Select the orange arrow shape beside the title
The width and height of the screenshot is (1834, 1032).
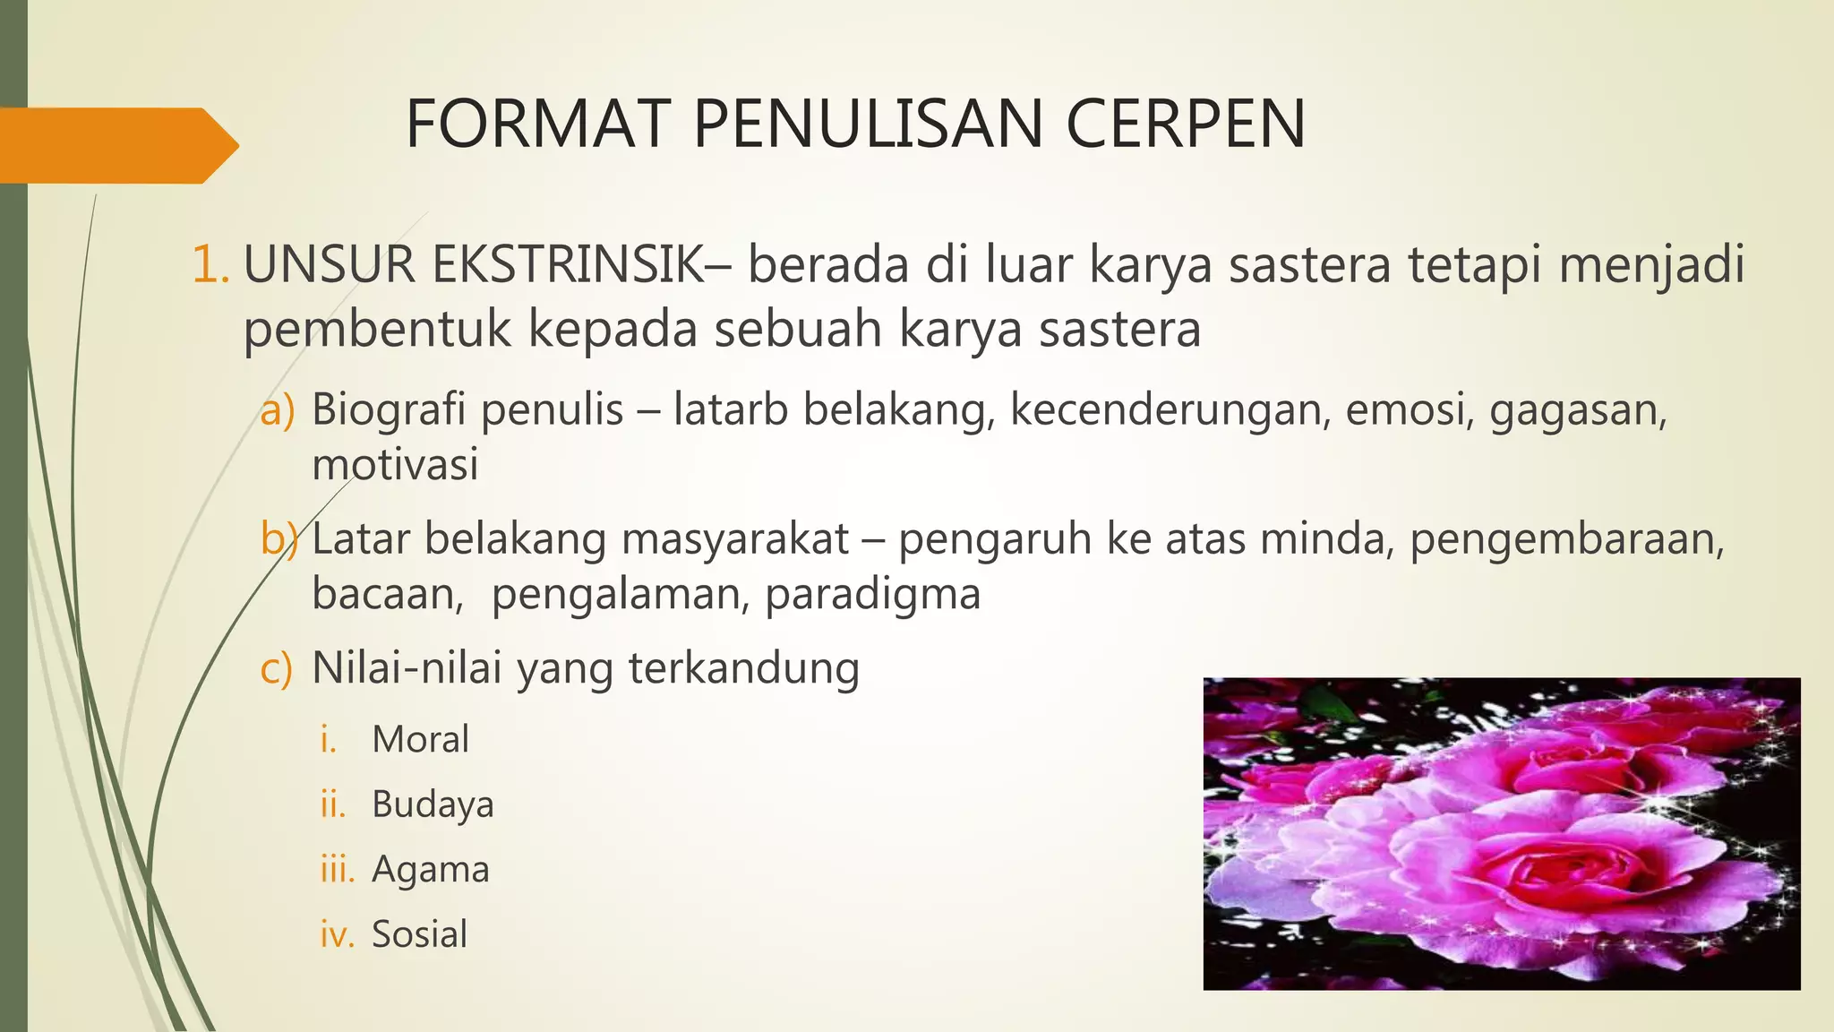(116, 145)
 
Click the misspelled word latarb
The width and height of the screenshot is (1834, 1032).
(728, 409)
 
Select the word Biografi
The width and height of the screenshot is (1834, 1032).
(389, 410)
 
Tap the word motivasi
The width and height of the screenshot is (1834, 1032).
(395, 464)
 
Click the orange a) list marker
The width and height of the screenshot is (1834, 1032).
(277, 410)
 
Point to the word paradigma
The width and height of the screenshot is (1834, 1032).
(873, 594)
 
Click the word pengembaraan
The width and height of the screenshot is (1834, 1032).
(1567, 539)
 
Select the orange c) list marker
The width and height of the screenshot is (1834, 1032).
(276, 668)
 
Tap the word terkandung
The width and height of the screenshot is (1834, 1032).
(743, 668)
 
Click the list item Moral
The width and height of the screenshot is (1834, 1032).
(420, 740)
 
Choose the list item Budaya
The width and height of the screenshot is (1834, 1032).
(433, 804)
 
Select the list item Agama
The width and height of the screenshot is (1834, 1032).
(431, 869)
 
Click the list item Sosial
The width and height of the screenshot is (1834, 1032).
(419, 934)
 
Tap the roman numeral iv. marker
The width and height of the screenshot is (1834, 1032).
(338, 934)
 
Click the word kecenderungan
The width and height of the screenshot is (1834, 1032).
(1167, 410)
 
